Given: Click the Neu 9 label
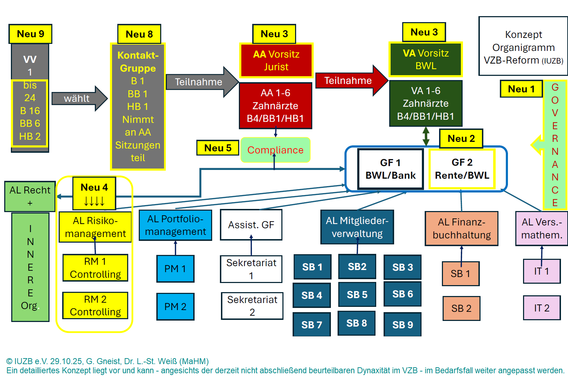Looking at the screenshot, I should tap(31, 34).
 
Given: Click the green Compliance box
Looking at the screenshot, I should tap(275, 150).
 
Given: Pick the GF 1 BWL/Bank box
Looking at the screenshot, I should tap(390, 169).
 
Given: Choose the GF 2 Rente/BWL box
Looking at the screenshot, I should tap(462, 169).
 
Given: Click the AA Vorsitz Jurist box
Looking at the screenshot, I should tap(276, 60).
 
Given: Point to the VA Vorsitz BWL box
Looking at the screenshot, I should tap(425, 59).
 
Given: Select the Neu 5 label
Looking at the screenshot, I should tap(218, 148).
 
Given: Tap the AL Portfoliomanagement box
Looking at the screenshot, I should tap(175, 225).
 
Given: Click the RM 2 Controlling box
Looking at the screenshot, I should tap(95, 305).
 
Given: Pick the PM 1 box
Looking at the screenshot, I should tap(175, 269).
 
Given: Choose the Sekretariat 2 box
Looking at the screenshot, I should tap(252, 306).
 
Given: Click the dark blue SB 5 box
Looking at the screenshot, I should tap(357, 295).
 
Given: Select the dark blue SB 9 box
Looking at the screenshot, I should tap(402, 324).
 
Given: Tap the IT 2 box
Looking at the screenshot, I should tap(541, 308).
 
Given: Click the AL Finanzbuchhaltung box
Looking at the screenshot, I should tap(461, 228).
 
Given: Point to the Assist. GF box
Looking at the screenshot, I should tap(251, 225).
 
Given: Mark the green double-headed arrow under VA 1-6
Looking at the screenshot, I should tap(426, 136).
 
